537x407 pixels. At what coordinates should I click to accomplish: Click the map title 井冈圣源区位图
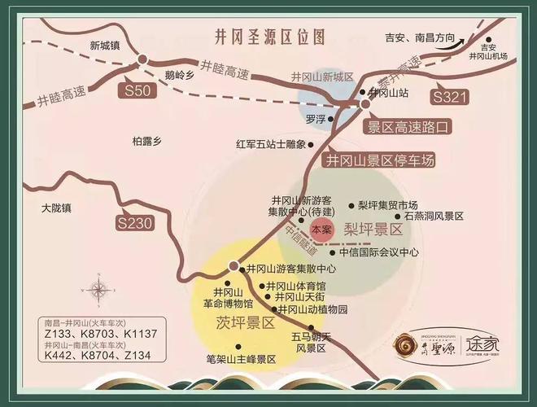(x=268, y=38)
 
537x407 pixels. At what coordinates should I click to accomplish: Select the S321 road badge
(x=449, y=98)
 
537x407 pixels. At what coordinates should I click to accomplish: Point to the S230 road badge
(x=135, y=221)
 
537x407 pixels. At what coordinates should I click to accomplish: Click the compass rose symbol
(x=100, y=289)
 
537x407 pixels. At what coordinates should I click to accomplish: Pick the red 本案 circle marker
(x=321, y=230)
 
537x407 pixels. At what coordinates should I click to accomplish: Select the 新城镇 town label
(x=105, y=46)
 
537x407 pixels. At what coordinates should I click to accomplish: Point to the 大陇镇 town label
(x=57, y=208)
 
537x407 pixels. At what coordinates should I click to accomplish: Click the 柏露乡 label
(x=147, y=141)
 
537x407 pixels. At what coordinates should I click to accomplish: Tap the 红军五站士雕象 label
(x=270, y=144)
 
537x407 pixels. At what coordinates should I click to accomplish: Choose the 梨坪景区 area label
(x=373, y=230)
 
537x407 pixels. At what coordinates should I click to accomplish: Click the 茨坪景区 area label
(x=246, y=322)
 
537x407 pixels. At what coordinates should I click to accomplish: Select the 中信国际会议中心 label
(x=379, y=252)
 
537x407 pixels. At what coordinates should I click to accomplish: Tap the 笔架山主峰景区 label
(x=242, y=358)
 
